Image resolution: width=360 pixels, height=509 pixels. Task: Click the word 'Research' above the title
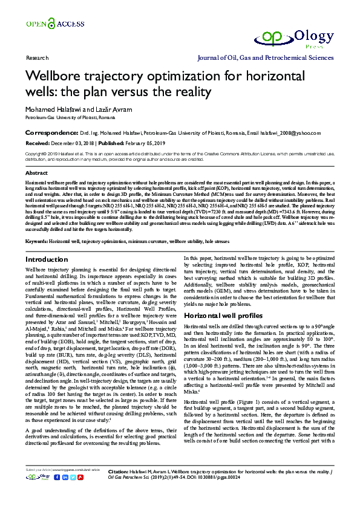point(37,58)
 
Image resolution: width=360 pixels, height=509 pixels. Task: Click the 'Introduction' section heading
point(47,259)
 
